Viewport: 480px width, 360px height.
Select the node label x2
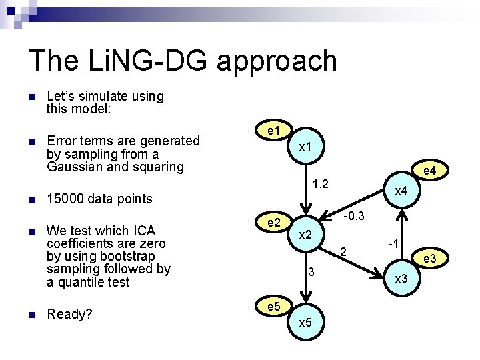click(306, 235)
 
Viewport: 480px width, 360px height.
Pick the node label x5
click(306, 323)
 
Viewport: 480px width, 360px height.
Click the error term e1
click(273, 131)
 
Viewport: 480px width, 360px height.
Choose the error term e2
click(273, 221)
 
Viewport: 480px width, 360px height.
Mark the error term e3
click(431, 258)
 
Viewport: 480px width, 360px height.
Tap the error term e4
click(430, 171)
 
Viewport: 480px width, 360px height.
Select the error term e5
click(273, 308)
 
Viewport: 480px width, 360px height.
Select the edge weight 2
click(343, 252)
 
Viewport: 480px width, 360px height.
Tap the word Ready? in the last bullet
click(69, 314)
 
